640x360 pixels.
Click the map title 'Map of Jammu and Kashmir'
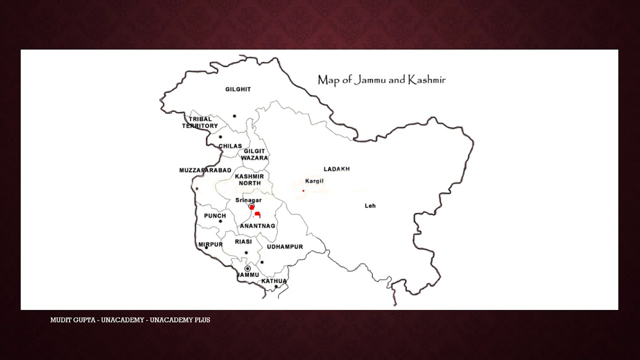pos(381,80)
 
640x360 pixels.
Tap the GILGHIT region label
pos(238,89)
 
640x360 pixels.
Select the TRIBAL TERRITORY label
pos(200,122)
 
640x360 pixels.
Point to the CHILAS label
pos(230,146)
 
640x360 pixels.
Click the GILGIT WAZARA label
pos(254,154)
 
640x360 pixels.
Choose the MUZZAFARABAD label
pos(205,170)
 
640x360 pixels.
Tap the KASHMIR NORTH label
pos(249,180)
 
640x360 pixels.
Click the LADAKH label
pos(336,169)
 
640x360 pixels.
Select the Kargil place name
pos(314,181)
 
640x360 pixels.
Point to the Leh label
pos(370,206)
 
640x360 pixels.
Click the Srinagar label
pos(248,200)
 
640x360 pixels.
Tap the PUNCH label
pos(215,216)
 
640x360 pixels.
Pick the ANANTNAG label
pos(257,226)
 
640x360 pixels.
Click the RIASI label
pos(243,241)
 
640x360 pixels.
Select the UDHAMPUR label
pos(285,247)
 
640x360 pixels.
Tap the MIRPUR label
pos(210,244)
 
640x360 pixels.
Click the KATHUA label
pos(274,281)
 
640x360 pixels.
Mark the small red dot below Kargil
pos(303,190)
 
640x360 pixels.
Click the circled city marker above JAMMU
pos(247,268)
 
